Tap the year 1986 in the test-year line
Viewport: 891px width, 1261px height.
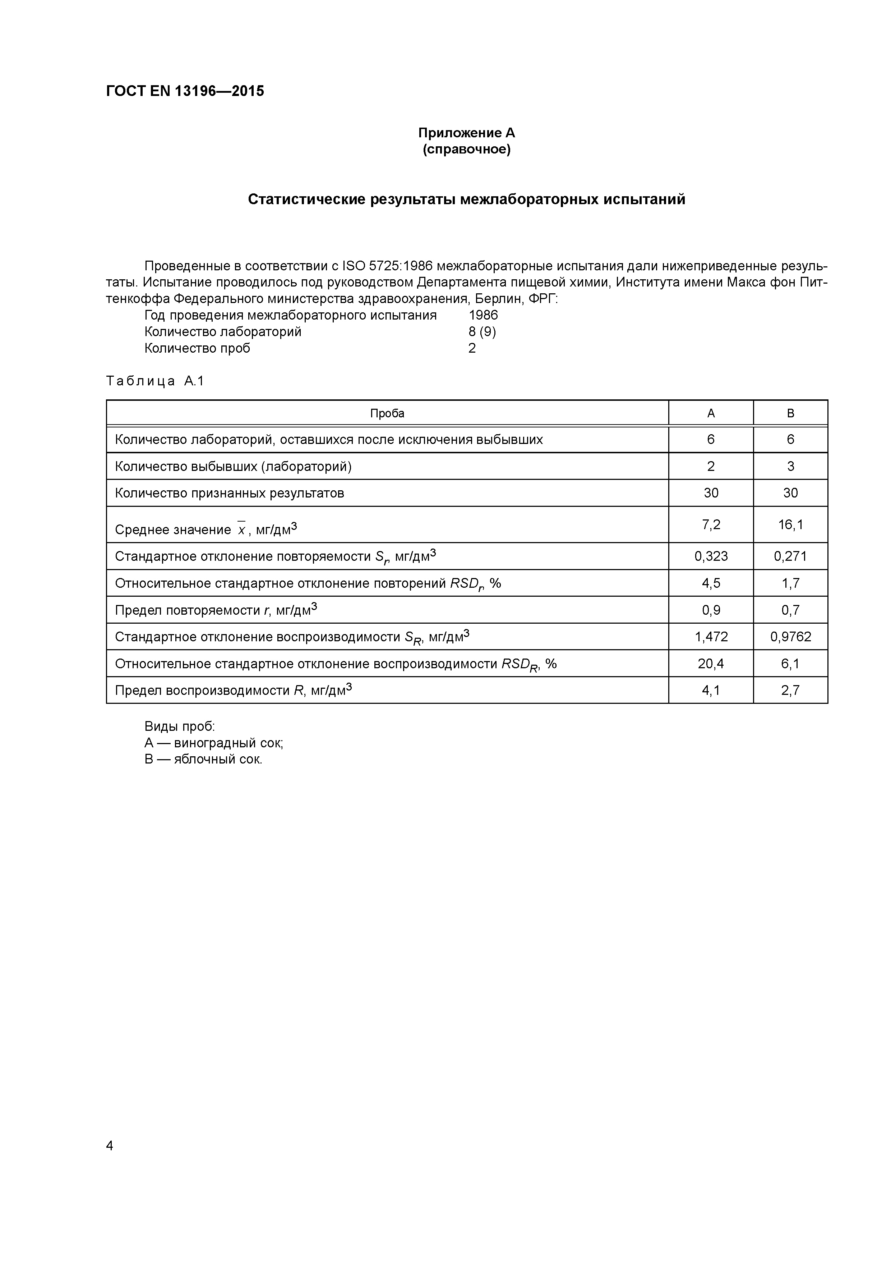[483, 315]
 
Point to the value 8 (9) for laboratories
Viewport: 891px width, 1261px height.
[482, 332]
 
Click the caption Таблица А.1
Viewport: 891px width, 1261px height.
[155, 381]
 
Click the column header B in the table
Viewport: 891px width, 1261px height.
[790, 413]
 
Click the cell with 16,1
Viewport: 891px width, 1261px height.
[790, 524]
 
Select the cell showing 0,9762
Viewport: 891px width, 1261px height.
[790, 637]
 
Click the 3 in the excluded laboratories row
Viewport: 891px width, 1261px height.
[790, 466]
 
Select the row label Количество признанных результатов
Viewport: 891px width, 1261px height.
[230, 493]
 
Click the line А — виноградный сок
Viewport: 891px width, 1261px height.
[213, 743]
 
